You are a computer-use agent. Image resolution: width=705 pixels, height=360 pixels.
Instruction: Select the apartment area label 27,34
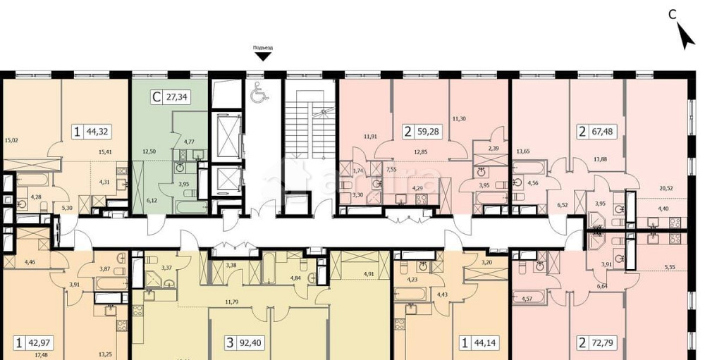(176, 98)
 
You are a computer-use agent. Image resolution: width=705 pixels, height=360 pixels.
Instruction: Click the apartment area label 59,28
(427, 130)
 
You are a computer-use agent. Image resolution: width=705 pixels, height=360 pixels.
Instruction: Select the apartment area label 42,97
(40, 345)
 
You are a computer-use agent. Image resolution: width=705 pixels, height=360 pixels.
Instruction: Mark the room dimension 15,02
(10, 139)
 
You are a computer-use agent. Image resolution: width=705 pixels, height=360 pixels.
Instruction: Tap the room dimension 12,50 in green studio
(148, 149)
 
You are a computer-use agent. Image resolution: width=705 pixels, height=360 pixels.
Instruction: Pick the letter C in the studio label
(156, 98)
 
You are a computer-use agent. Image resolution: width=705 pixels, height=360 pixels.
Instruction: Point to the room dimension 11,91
(371, 136)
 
